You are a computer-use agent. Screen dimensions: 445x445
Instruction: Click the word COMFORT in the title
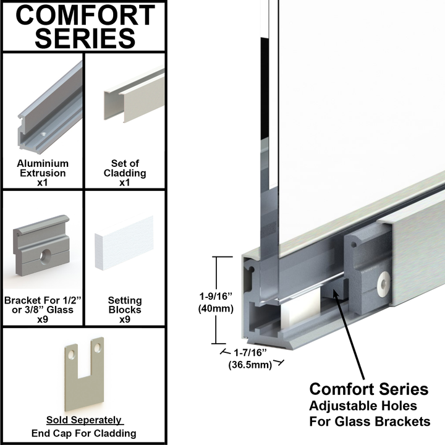click(x=85, y=15)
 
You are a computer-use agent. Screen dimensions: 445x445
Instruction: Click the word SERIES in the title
click(x=85, y=38)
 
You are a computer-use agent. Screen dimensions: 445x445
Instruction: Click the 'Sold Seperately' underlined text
click(x=84, y=420)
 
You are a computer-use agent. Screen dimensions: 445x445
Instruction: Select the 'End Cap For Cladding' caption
click(x=84, y=433)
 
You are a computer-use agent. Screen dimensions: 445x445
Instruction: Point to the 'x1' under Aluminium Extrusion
click(x=43, y=183)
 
